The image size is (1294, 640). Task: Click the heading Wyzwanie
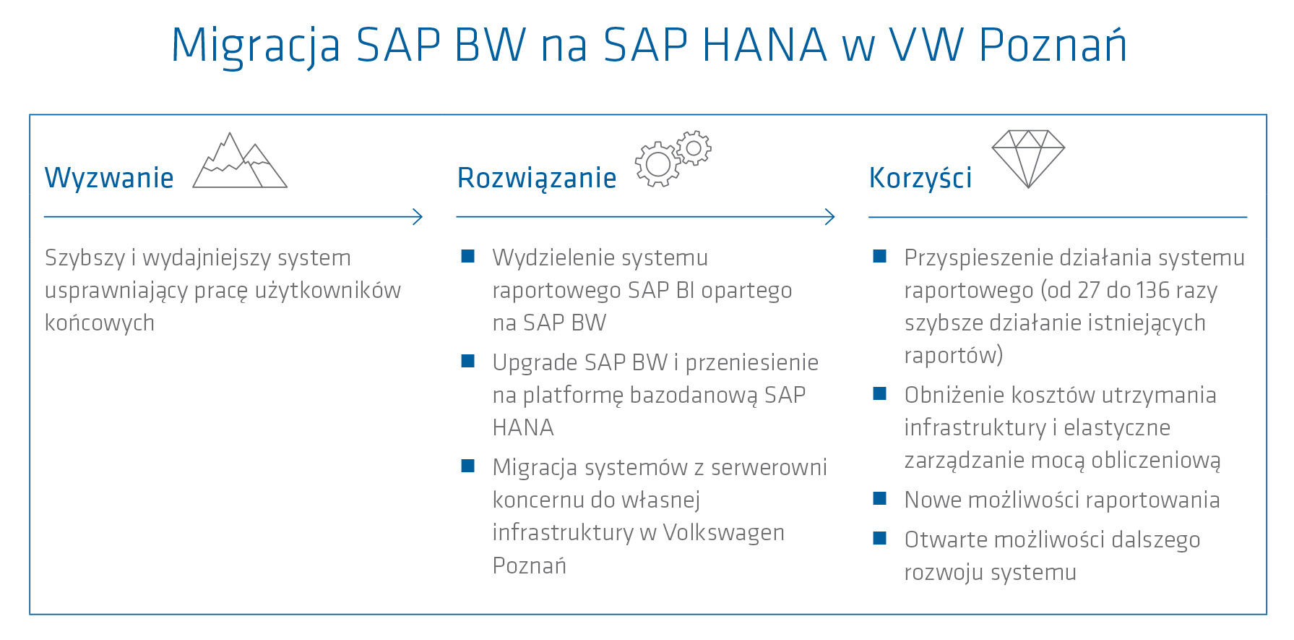[109, 178]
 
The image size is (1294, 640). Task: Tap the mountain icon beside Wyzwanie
[239, 162]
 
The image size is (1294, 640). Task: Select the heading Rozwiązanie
[537, 178]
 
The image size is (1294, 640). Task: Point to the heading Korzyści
[920, 178]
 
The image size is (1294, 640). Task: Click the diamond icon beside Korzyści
[1028, 158]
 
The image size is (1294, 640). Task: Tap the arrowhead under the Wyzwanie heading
[418, 216]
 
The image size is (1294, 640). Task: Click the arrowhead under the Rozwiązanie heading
[830, 216]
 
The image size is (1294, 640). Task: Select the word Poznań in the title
[1053, 46]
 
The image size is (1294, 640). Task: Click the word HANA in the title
[764, 46]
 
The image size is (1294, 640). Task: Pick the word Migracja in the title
[255, 46]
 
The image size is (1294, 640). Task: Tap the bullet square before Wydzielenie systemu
[468, 256]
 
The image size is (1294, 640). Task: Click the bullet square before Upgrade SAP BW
[468, 361]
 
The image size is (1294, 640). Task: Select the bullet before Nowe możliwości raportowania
[880, 498]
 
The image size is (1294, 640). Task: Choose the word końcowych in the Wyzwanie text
[100, 323]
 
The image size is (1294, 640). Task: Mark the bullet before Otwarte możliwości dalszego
[880, 538]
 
